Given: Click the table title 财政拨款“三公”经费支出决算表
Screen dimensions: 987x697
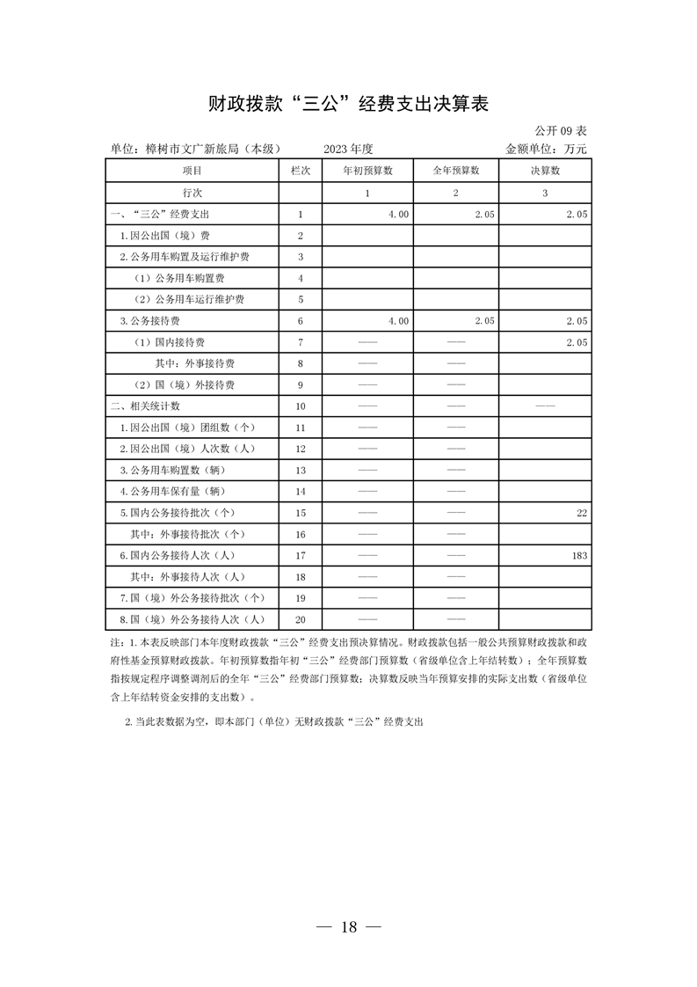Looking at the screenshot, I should click(x=348, y=104).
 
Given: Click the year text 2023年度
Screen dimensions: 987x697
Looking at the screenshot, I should click(x=348, y=149).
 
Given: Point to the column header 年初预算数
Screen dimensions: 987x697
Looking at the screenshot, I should click(x=367, y=171).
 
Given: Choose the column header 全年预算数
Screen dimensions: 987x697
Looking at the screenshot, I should click(x=456, y=171).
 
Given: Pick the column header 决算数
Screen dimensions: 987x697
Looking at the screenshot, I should click(x=545, y=171).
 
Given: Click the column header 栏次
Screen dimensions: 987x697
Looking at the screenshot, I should click(x=301, y=171).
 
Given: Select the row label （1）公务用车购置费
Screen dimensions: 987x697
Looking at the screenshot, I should click(x=177, y=278).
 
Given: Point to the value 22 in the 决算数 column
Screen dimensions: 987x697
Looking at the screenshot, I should click(x=581, y=513).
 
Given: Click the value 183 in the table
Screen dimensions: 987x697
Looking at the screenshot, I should click(x=578, y=556).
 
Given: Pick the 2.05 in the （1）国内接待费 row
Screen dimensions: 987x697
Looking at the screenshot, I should click(x=576, y=342).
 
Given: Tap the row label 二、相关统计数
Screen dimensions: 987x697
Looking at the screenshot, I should click(x=146, y=406).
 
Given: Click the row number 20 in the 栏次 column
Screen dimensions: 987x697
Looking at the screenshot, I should click(x=301, y=619).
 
